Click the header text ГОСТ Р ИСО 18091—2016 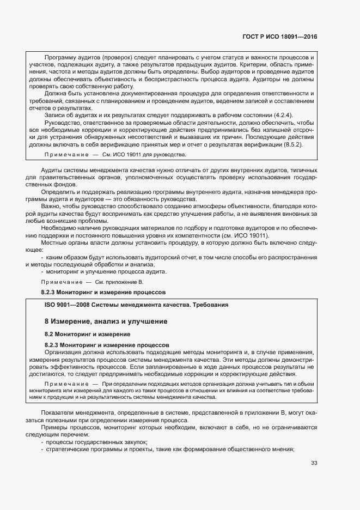click(x=280, y=37)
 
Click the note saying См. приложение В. click(x=119, y=282)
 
